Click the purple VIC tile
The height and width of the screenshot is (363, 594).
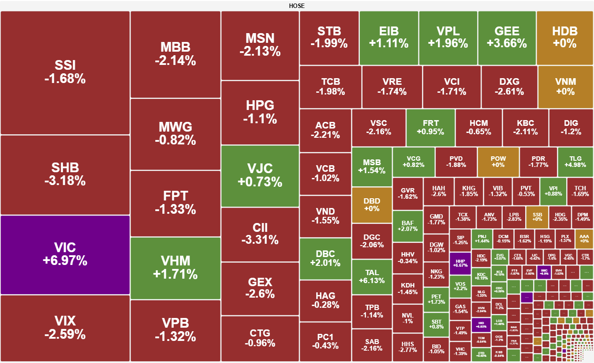click(x=65, y=254)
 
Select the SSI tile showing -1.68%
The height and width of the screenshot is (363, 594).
click(x=65, y=72)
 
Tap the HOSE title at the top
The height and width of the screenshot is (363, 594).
click(x=297, y=6)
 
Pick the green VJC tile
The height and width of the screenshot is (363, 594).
click(x=260, y=175)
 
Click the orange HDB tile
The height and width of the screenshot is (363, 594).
click(x=564, y=38)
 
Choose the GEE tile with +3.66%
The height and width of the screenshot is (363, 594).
click(x=507, y=38)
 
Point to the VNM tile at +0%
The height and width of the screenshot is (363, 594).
click(x=565, y=87)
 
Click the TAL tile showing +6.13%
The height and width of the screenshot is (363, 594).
click(x=372, y=276)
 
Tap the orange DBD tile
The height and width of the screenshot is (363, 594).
click(x=372, y=204)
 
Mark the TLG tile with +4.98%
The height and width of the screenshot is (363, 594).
click(x=575, y=162)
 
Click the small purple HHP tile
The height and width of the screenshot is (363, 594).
click(x=460, y=263)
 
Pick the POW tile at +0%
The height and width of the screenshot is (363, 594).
click(x=498, y=162)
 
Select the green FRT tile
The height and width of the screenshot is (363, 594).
click(x=430, y=127)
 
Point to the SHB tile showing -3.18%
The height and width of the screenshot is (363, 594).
click(x=65, y=174)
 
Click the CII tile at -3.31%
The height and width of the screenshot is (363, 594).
click(x=260, y=234)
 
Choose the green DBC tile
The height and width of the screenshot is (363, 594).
click(x=325, y=258)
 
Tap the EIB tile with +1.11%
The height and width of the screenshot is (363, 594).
click(x=389, y=38)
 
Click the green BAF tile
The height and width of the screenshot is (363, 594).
click(x=407, y=226)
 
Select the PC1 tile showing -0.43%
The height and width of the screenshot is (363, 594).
click(x=325, y=341)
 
